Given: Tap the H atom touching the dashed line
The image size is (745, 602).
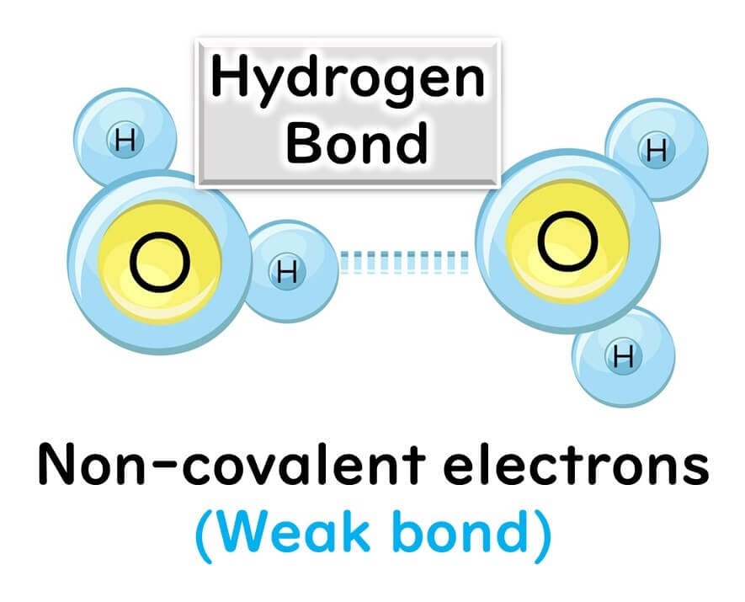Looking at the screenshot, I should [287, 271].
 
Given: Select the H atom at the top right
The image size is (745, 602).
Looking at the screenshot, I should [656, 150].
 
